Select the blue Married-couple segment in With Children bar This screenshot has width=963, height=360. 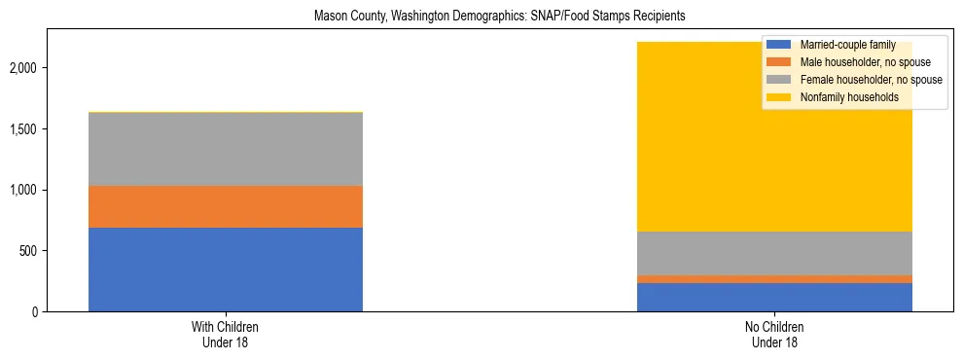[226, 270]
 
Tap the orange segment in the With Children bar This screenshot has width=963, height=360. [226, 206]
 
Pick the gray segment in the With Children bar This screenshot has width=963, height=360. [226, 149]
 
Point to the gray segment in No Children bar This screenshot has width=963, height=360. [774, 253]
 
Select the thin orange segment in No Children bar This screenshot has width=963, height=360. [774, 279]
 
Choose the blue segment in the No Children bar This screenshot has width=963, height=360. [774, 297]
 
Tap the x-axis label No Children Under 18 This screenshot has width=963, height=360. [774, 335]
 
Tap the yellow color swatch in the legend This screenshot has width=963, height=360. [779, 97]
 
